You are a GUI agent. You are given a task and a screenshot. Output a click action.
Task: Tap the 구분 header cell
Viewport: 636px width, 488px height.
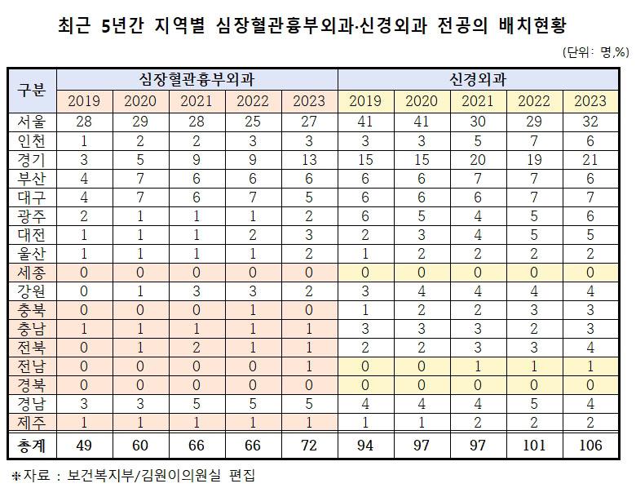(x=32, y=91)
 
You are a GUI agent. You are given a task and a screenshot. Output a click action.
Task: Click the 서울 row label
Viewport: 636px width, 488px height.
(x=32, y=122)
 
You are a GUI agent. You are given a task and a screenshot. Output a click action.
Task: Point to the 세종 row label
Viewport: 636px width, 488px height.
(x=32, y=273)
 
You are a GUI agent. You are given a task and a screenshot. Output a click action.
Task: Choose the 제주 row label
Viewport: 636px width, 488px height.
(x=32, y=422)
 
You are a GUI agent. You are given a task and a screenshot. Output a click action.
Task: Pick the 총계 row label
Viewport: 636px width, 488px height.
(x=32, y=445)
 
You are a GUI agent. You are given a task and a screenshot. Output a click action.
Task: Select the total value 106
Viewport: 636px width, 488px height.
(x=590, y=445)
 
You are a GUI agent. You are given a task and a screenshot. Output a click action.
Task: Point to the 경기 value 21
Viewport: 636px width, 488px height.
(x=590, y=159)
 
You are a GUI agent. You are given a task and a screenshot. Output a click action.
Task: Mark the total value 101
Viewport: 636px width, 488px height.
(x=534, y=445)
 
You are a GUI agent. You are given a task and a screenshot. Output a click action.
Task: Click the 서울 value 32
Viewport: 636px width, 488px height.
(x=590, y=122)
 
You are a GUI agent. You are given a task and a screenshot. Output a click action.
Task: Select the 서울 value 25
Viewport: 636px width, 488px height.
(x=254, y=122)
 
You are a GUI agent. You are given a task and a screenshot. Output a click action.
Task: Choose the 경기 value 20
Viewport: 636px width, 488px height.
(x=478, y=159)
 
